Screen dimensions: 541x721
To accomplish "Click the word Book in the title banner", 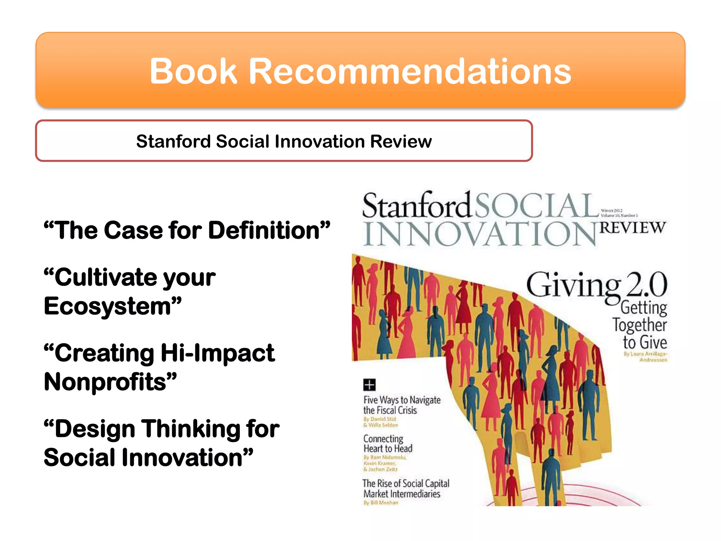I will click(x=193, y=71).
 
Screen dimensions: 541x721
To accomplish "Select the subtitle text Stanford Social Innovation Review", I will click(x=284, y=141).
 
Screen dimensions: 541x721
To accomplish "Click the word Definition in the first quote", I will click(x=269, y=231).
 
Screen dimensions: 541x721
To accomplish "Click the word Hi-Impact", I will click(x=217, y=353).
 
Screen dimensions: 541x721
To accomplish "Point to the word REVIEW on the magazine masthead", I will click(x=633, y=228).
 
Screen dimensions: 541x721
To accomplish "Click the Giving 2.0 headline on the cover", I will click(x=596, y=285).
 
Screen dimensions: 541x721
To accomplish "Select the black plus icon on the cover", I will click(x=369, y=385).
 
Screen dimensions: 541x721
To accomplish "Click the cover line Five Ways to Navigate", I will click(x=402, y=400).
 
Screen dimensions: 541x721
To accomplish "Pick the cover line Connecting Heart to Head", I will click(x=388, y=444).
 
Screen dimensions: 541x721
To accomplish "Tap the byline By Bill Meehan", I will click(x=381, y=503).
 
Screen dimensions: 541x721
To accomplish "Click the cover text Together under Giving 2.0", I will click(x=639, y=325).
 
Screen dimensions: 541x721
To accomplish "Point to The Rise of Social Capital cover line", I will click(x=406, y=484).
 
